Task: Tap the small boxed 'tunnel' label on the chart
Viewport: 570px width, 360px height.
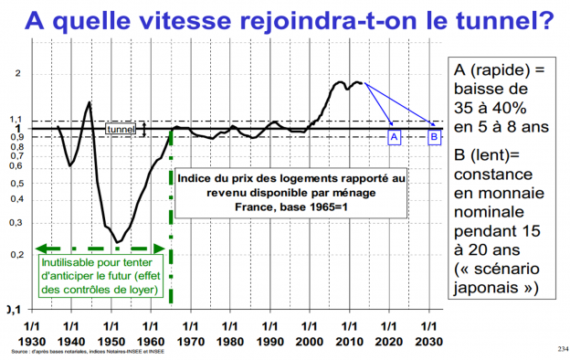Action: click(x=121, y=130)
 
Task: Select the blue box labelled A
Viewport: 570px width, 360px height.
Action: click(x=395, y=136)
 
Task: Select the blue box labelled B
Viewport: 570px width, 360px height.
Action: click(x=435, y=136)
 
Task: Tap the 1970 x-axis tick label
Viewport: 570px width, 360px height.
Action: click(x=191, y=332)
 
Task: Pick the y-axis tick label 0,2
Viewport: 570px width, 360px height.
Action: click(x=15, y=254)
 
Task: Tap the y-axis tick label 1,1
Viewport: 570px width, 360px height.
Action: click(x=15, y=119)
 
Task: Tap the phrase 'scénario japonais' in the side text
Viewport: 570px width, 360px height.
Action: click(x=498, y=280)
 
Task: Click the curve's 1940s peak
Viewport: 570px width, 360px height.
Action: click(x=89, y=102)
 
